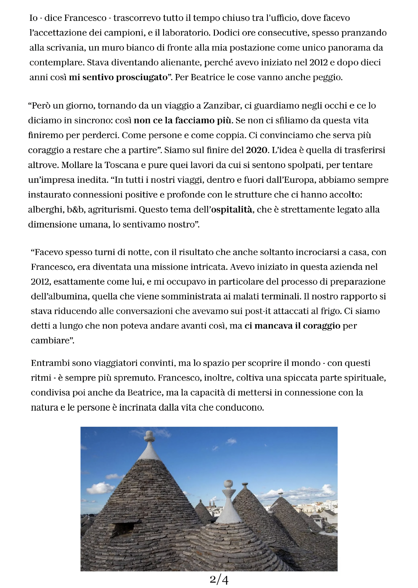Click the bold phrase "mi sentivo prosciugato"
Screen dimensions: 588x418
(118, 77)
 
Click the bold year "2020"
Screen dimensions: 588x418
(257, 150)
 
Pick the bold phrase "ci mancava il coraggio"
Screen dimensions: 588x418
(292, 326)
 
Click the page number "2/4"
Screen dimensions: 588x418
(219, 579)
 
